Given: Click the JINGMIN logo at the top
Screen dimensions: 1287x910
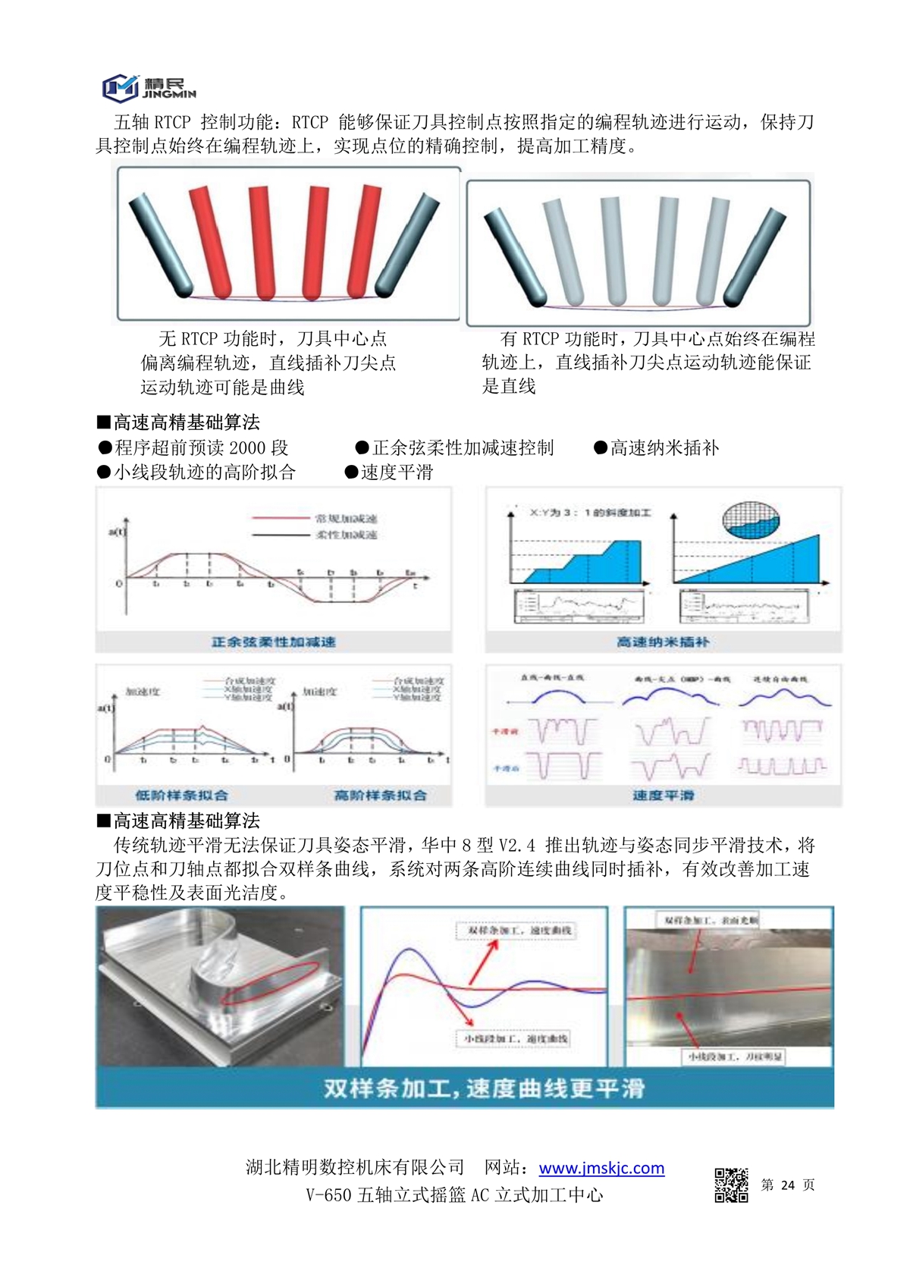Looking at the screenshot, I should (x=149, y=87).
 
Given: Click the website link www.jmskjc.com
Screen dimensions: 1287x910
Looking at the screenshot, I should (x=601, y=1168).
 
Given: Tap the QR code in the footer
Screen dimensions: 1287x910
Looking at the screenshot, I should (x=731, y=1185).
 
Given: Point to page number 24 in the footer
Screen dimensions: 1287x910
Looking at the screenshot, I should (x=788, y=1185).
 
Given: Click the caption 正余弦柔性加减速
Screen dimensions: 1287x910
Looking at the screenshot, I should (x=273, y=642).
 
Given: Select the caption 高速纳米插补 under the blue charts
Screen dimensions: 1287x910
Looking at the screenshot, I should (x=663, y=642).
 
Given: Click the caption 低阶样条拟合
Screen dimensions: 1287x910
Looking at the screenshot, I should (x=182, y=796).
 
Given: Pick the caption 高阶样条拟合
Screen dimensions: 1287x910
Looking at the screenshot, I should (x=381, y=796).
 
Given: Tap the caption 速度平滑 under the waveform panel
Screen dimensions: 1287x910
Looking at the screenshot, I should (x=664, y=796).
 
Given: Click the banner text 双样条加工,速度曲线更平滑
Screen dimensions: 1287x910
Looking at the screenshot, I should (x=484, y=1089).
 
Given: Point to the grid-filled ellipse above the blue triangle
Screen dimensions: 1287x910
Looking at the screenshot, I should (x=751, y=520).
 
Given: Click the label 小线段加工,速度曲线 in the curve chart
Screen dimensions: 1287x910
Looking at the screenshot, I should (x=516, y=1038).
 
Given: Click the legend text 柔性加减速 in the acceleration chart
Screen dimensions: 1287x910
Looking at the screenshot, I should (x=347, y=535).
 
